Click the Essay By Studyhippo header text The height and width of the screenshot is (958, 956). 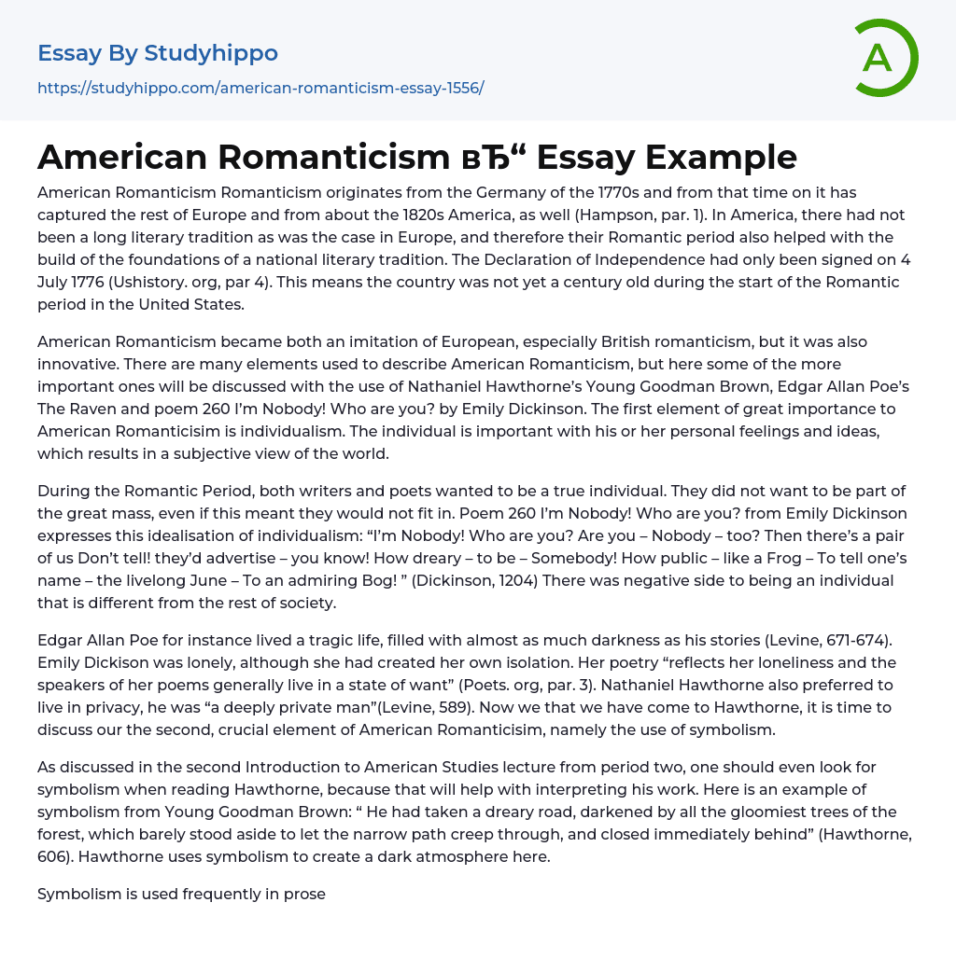pyautogui.click(x=158, y=53)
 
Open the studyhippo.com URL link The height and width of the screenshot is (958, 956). pyautogui.click(x=260, y=89)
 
